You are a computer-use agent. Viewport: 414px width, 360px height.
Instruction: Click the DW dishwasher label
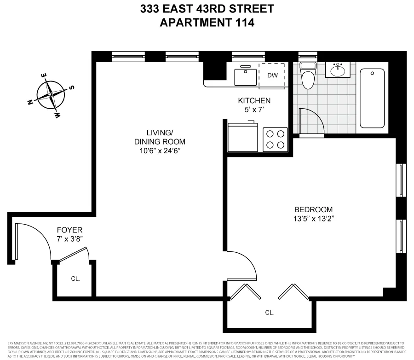click(x=272, y=75)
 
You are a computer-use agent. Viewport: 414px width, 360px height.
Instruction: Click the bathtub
click(x=372, y=98)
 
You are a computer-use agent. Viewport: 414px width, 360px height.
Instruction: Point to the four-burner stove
click(x=275, y=139)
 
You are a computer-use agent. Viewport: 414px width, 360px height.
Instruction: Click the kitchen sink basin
click(x=246, y=76)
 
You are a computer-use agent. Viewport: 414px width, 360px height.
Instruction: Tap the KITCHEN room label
click(x=254, y=100)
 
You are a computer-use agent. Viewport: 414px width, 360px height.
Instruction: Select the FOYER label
click(x=69, y=230)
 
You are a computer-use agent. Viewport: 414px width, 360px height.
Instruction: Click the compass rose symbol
click(x=51, y=94)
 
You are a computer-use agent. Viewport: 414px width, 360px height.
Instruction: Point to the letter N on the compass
click(x=30, y=103)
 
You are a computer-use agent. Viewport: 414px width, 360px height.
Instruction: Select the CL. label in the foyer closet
click(x=75, y=279)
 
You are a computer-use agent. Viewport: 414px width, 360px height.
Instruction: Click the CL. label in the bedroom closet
click(x=270, y=313)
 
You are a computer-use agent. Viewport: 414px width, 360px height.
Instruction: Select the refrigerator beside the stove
click(x=243, y=137)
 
